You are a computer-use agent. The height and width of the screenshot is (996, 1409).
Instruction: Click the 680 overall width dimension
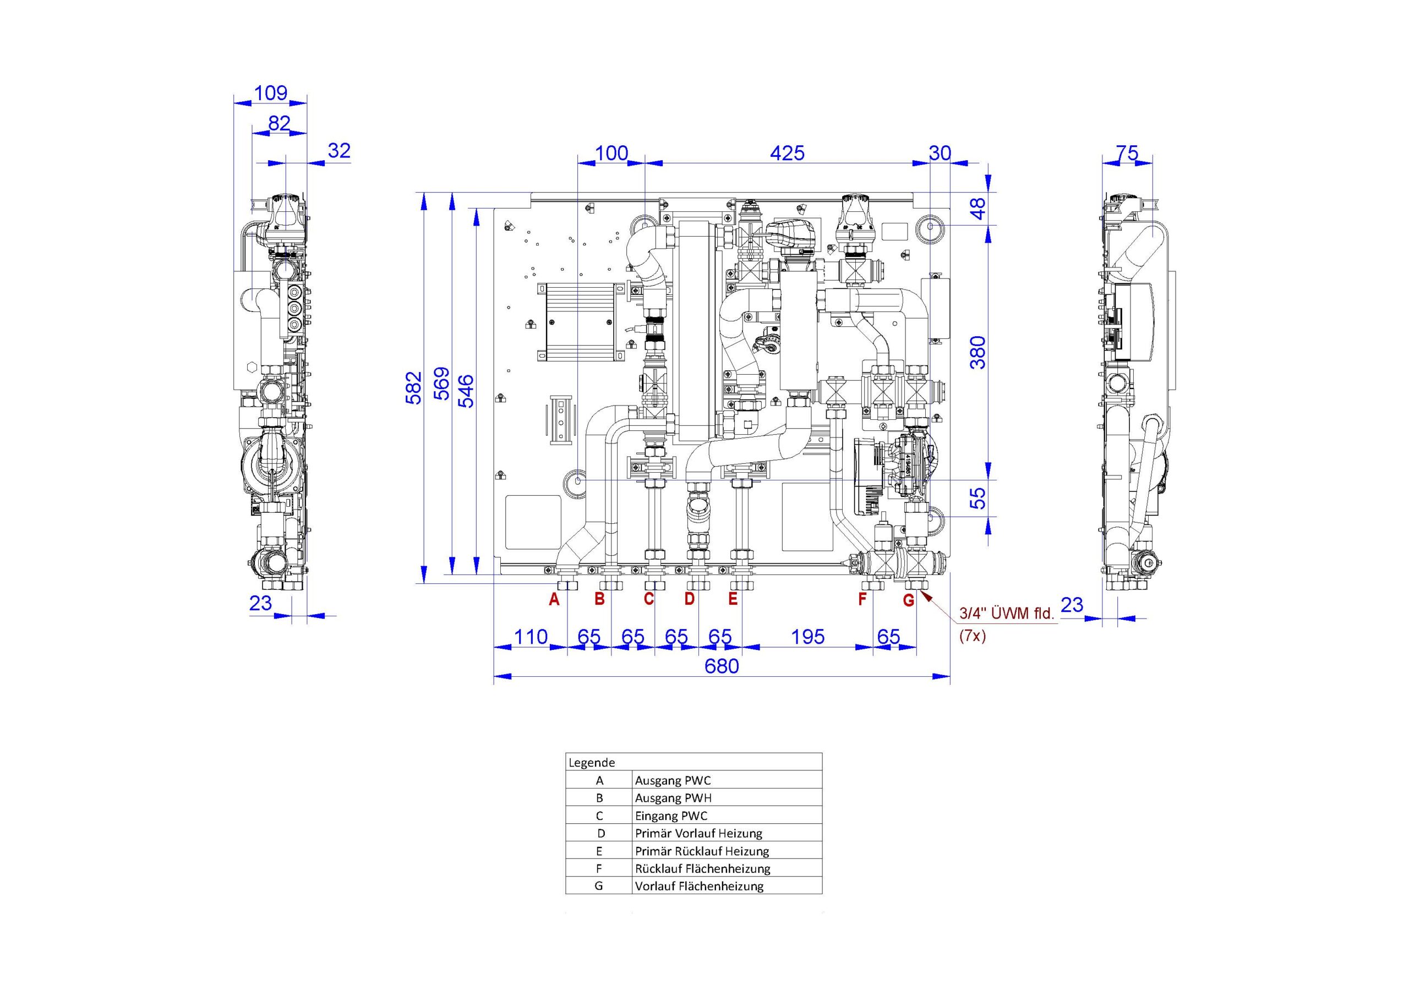(x=722, y=666)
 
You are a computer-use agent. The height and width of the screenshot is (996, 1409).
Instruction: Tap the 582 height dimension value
(x=415, y=387)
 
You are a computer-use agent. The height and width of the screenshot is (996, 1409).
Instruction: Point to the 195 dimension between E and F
(x=807, y=637)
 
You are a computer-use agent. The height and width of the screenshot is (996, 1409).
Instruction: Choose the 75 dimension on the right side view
(x=1127, y=153)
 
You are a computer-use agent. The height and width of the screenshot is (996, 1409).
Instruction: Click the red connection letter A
(x=554, y=600)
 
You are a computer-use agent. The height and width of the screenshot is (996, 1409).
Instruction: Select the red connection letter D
(x=690, y=598)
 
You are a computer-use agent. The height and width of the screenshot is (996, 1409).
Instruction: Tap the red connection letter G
(x=909, y=600)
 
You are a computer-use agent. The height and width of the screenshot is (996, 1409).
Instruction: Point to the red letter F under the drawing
(x=862, y=598)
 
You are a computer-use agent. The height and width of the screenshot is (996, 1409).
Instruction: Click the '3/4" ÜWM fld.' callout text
(x=1007, y=614)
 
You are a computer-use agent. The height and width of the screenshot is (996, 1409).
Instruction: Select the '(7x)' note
(x=973, y=636)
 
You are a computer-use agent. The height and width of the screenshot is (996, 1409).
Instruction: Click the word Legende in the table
(x=592, y=763)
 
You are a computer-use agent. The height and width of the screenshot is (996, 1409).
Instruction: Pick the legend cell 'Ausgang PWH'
(x=673, y=798)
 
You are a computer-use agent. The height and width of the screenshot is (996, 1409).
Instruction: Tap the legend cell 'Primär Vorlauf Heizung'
(x=698, y=833)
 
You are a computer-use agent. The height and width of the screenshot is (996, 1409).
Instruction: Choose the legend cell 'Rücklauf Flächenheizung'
(x=703, y=868)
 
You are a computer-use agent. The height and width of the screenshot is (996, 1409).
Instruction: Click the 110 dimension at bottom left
(x=530, y=637)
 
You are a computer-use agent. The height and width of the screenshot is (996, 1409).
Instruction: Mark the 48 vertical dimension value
(x=979, y=209)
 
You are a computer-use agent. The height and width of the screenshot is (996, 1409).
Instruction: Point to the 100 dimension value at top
(x=611, y=153)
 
